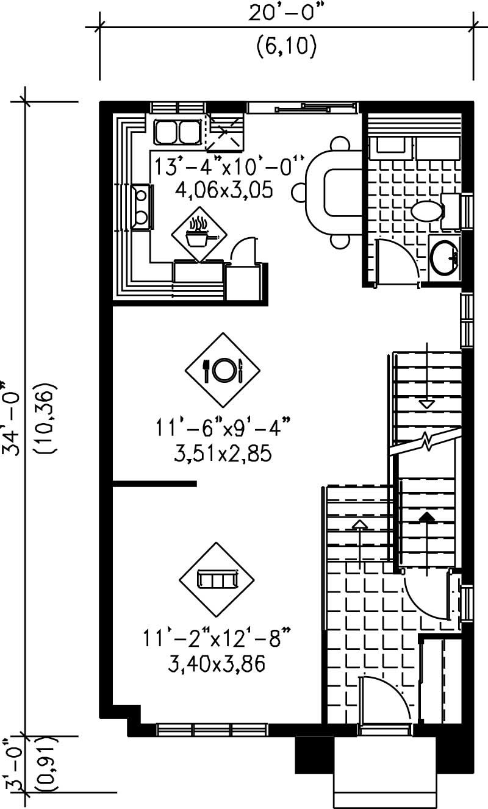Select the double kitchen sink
pos(178,131)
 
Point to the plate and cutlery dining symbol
pos(223,369)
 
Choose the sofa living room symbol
pos(217,579)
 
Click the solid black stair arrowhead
pos(427,516)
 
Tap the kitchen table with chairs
pos(334,193)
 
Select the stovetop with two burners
pos(141,206)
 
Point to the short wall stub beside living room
pos(155,484)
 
